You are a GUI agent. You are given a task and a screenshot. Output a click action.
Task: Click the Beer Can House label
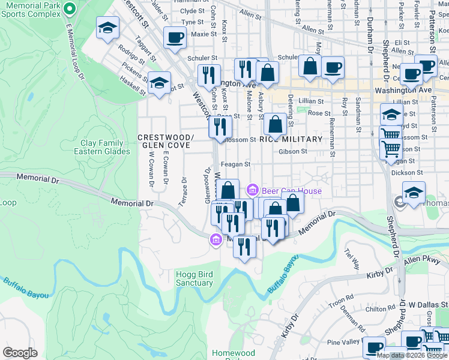tap(291, 191)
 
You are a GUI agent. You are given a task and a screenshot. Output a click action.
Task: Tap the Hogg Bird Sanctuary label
tap(194, 278)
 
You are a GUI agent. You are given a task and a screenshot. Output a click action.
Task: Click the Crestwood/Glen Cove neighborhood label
tap(165, 142)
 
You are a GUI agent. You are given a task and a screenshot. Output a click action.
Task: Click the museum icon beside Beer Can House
tap(253, 191)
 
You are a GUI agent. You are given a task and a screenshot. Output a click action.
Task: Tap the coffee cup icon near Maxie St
tap(175, 38)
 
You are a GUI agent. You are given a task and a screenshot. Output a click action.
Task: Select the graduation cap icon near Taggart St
tap(108, 28)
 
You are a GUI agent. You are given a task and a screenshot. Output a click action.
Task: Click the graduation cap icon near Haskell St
tap(159, 83)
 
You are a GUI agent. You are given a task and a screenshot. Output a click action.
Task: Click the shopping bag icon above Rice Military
tap(275, 124)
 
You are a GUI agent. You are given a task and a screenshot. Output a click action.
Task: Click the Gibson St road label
tap(293, 152)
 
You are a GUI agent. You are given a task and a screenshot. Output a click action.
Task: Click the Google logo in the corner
tap(20, 353)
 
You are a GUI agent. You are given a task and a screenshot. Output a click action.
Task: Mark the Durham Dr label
tap(370, 34)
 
